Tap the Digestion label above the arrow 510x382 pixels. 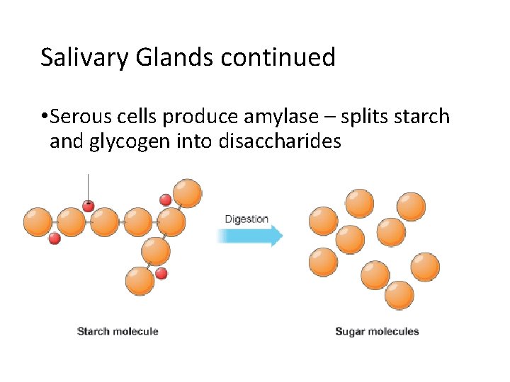[x=246, y=219]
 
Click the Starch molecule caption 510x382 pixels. [x=118, y=331]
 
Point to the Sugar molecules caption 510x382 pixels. [x=377, y=331]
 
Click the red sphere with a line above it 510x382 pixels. [x=88, y=206]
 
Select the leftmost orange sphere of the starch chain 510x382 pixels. [x=38, y=221]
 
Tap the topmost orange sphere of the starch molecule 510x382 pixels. [x=187, y=193]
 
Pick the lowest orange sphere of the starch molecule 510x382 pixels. [x=140, y=281]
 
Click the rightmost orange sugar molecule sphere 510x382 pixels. [x=425, y=267]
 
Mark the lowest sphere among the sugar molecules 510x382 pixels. [x=399, y=295]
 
